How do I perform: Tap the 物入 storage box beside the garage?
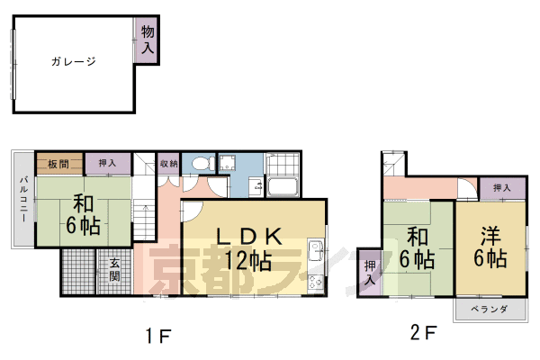click(x=148, y=41)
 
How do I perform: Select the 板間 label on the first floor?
click(x=59, y=163)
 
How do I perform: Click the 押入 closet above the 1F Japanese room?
click(x=107, y=163)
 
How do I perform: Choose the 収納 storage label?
click(x=168, y=163)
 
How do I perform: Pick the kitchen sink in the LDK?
click(x=316, y=250)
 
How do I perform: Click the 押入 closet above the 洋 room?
click(x=502, y=188)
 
